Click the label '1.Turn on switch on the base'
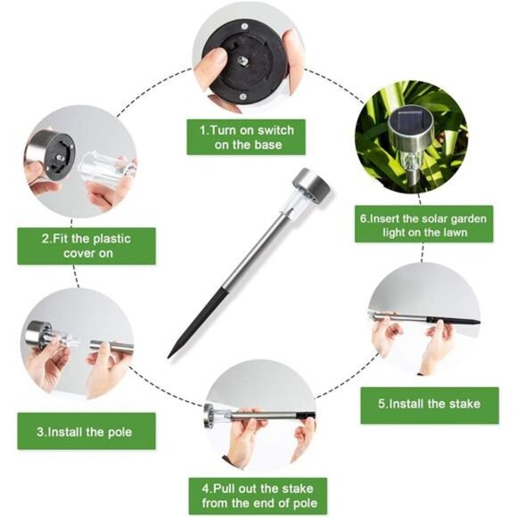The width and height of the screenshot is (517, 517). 246,137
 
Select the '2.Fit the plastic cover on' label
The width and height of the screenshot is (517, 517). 86,246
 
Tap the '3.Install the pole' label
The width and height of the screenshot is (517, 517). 86,431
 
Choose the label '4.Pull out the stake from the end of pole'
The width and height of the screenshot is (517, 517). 258,496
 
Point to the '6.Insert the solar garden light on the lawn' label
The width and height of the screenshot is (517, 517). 424,225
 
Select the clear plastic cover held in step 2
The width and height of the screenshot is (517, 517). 106,169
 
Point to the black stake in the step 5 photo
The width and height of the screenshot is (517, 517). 454,321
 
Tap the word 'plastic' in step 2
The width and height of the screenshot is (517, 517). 111,239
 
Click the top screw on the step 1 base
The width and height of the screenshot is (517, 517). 244,27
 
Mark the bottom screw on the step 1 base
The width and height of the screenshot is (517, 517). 243,96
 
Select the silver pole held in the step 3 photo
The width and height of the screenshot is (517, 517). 112,348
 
